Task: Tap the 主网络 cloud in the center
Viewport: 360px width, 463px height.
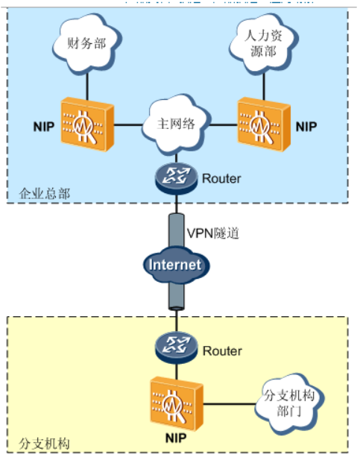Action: click(177, 124)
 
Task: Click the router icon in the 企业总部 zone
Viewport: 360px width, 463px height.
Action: click(177, 178)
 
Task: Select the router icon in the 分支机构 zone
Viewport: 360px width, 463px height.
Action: click(177, 349)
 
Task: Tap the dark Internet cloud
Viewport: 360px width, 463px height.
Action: click(175, 265)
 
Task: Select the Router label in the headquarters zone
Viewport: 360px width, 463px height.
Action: click(222, 179)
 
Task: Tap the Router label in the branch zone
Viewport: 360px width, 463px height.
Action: click(222, 350)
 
